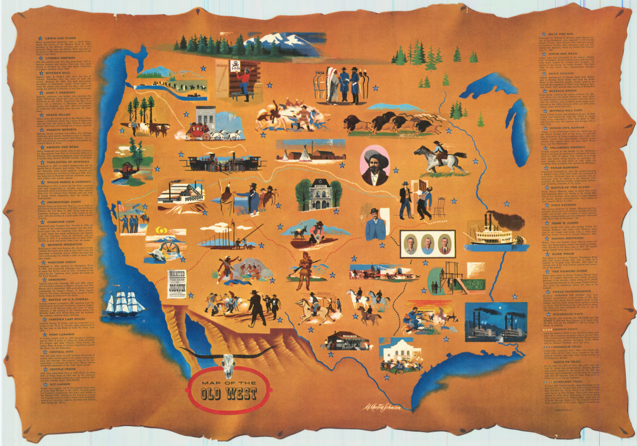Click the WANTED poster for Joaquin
pyautogui.click(x=177, y=284)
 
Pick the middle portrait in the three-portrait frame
pyautogui.click(x=427, y=244)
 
